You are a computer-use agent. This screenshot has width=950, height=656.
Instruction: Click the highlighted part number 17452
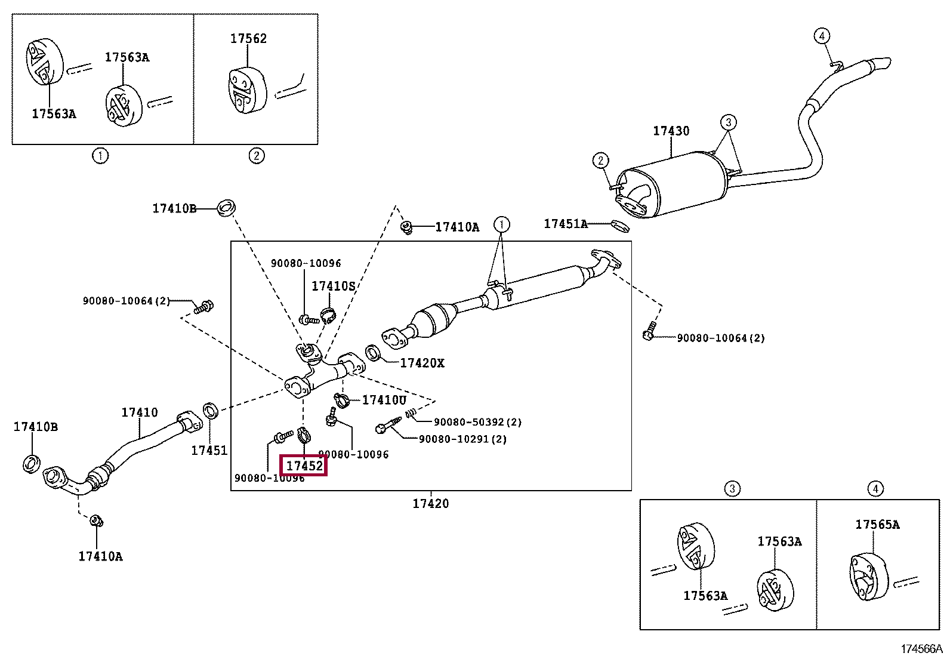point(304,466)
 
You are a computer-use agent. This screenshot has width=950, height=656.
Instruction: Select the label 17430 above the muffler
point(671,131)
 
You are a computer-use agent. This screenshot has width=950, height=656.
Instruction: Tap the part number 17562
point(248,39)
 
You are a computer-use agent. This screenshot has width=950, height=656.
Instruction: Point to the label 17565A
point(877,525)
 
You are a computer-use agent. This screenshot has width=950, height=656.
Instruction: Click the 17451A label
point(565,224)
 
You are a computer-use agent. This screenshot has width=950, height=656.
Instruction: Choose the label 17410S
point(333,287)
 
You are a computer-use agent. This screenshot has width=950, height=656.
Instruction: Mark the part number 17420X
point(422,363)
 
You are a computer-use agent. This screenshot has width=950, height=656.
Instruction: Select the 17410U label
point(384,400)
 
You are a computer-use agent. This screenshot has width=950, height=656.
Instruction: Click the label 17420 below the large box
point(430,504)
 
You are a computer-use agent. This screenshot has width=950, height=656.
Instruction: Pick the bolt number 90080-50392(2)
point(477,422)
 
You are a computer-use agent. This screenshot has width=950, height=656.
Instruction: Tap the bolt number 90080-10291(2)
point(462,439)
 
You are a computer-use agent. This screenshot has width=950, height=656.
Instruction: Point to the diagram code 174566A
point(921,649)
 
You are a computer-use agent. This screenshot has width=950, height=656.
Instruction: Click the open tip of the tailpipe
point(887,63)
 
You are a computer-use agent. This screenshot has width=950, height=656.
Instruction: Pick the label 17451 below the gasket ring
point(209,451)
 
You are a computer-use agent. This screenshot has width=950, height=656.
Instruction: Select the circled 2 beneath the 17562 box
point(256,156)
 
